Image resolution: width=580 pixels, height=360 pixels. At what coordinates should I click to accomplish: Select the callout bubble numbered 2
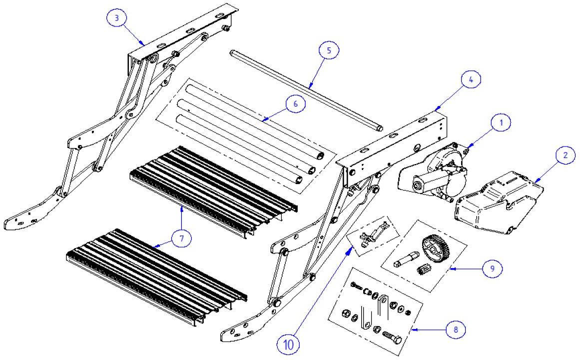click(565, 155)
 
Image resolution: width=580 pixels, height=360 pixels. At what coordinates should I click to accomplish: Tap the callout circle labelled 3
click(116, 19)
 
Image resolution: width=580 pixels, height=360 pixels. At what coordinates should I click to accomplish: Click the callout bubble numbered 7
click(181, 239)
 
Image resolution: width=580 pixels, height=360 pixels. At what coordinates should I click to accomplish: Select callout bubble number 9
click(492, 268)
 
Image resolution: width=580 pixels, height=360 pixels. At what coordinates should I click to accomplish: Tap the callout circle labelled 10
click(290, 344)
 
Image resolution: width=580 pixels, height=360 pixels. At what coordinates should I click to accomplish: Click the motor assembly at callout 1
click(435, 172)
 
